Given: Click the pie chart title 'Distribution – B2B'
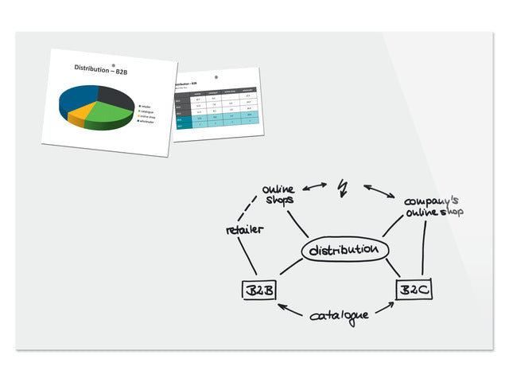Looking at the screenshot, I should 100,69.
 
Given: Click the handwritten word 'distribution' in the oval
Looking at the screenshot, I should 344,251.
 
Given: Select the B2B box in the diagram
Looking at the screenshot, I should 258,290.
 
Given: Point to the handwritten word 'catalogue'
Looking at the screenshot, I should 340,315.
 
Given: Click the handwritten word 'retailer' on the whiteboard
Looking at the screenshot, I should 244,230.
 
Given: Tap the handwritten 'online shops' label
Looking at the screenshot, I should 278,194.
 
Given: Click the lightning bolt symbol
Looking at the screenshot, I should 344,188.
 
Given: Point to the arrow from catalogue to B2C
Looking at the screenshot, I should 386,309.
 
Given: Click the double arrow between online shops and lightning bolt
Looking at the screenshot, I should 312,188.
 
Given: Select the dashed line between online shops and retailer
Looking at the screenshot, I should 250,209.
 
